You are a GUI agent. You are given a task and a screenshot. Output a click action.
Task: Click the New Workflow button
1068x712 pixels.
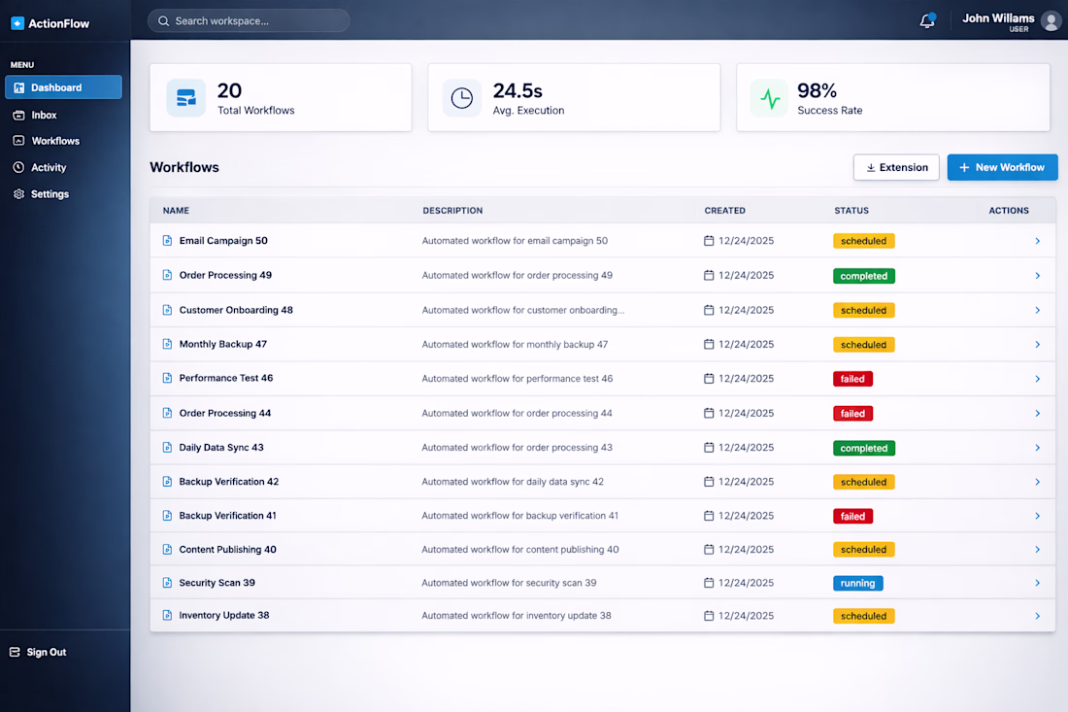(1002, 167)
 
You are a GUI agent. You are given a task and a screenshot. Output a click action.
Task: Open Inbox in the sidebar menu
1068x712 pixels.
(44, 115)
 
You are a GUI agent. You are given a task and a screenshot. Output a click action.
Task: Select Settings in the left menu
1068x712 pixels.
(50, 194)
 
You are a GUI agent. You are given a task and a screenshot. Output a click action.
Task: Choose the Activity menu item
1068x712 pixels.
(49, 167)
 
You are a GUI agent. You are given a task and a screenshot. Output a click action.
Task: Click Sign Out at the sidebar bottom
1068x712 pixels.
(46, 652)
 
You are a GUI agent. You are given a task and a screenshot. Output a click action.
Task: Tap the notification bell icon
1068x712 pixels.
(927, 21)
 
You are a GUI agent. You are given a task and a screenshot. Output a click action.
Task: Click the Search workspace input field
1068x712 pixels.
(249, 20)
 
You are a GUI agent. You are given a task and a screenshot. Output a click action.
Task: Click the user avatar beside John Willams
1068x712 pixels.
(1050, 21)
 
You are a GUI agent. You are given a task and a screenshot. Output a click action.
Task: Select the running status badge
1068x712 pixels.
(857, 583)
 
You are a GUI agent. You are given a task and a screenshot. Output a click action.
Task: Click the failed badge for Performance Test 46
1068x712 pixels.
(852, 379)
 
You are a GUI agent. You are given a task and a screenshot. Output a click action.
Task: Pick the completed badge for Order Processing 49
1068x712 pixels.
(863, 276)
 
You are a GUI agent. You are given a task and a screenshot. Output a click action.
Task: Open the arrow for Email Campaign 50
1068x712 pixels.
(1037, 241)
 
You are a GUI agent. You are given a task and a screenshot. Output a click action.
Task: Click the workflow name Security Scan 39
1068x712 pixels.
(217, 583)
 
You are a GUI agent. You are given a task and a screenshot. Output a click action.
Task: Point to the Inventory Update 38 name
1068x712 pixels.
(223, 616)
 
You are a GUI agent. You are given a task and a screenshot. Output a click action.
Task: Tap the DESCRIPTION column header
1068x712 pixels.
(452, 211)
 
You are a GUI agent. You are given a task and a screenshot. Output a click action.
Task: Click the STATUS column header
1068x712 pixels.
(851, 211)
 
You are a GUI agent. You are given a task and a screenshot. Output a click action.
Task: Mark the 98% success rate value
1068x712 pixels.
(817, 90)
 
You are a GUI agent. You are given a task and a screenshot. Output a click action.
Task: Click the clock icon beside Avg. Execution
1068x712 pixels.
(462, 98)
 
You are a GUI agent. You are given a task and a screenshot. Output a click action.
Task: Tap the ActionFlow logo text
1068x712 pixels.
(58, 23)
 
